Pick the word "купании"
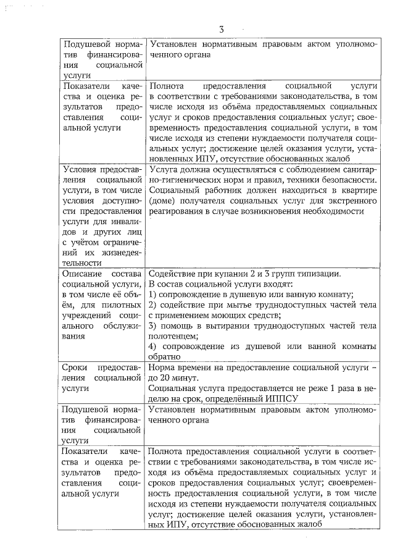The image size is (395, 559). tap(227, 274)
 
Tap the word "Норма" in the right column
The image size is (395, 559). tap(163, 366)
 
